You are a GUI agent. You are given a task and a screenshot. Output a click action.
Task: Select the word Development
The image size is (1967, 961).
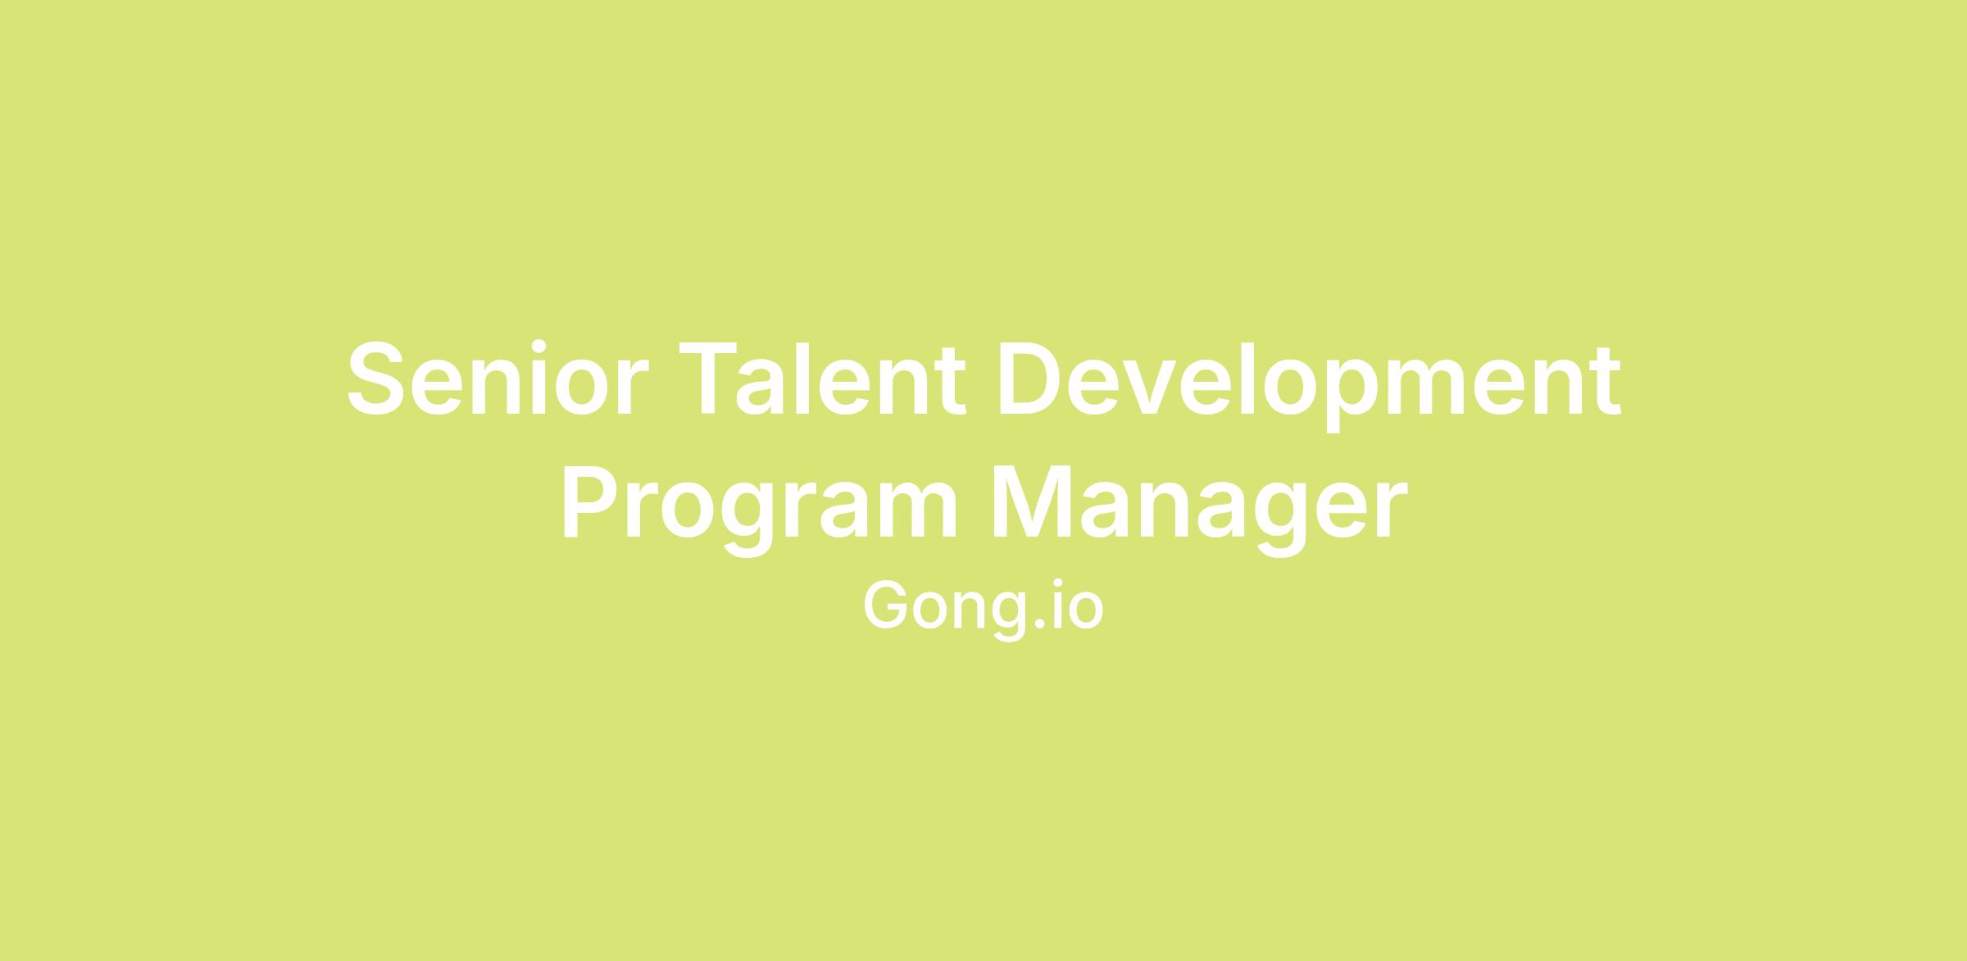(1309, 386)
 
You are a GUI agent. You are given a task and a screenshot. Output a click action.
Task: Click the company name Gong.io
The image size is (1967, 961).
(983, 610)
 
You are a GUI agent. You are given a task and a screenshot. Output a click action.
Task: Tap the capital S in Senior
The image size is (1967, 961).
(376, 379)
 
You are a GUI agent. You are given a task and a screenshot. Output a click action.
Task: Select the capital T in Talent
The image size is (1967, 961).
(710, 379)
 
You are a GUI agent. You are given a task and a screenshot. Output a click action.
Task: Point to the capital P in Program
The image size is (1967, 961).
(591, 502)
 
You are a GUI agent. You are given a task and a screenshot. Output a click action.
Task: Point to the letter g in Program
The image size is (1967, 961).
(746, 521)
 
